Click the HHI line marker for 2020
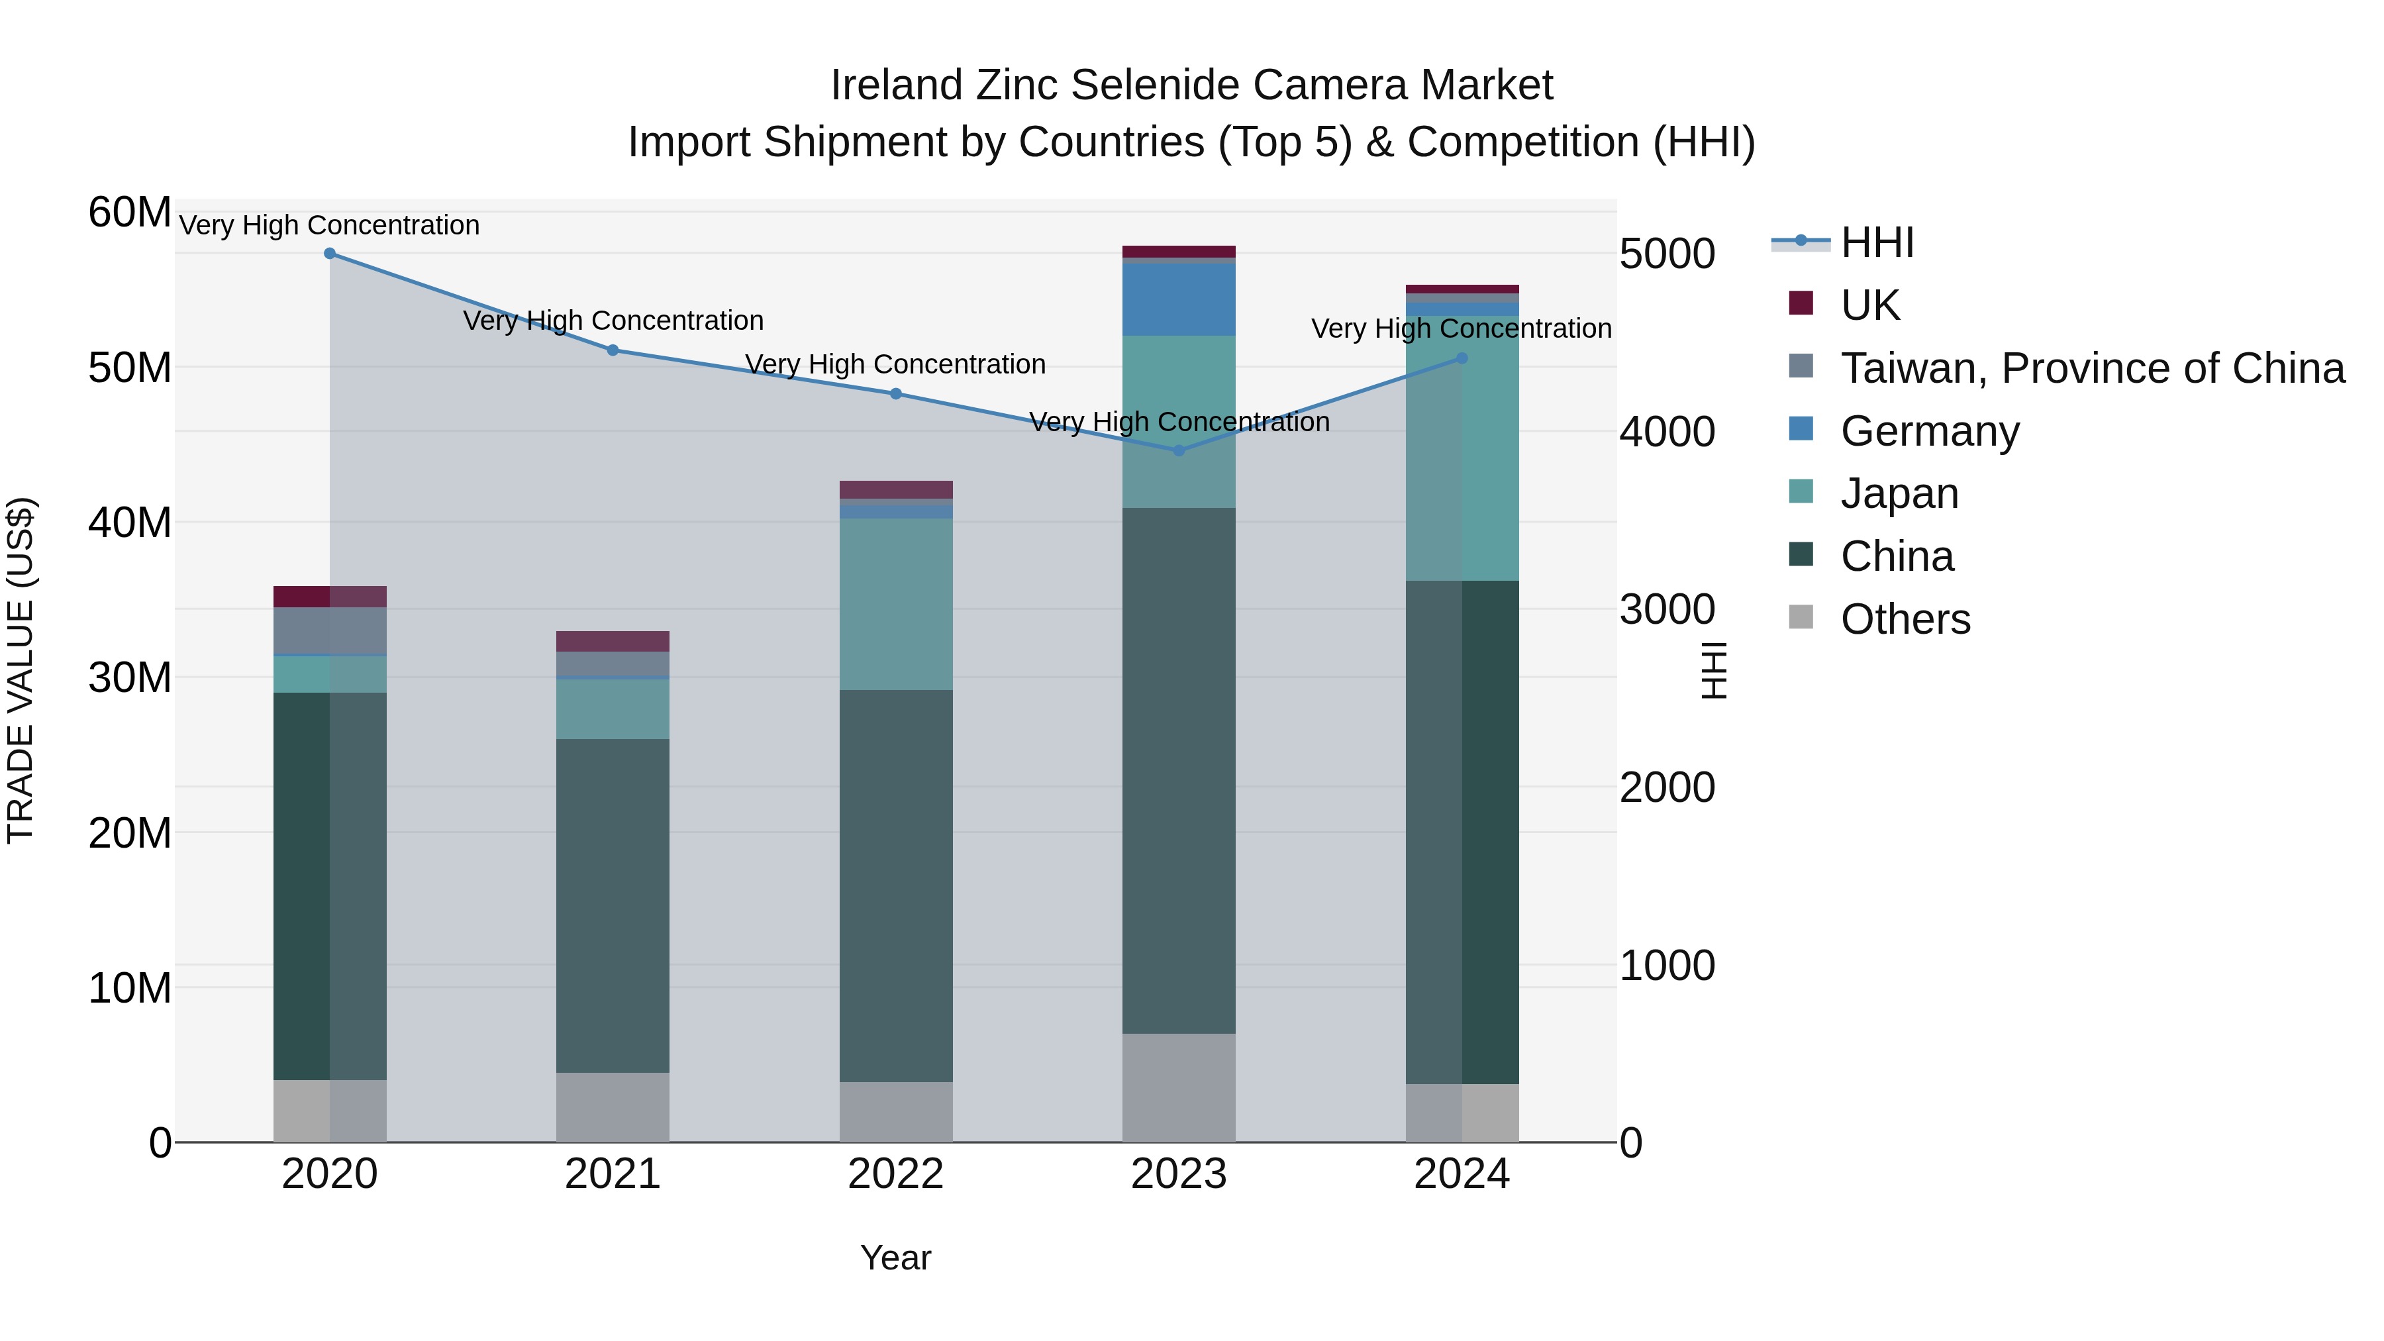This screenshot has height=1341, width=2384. coord(330,253)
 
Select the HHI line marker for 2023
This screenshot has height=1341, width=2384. coord(1178,451)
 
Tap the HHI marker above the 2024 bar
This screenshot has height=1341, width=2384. coord(1462,358)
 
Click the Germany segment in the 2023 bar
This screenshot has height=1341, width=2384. coord(1178,299)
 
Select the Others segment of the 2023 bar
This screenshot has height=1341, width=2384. coord(1178,1087)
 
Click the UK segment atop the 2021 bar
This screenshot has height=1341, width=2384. coord(612,640)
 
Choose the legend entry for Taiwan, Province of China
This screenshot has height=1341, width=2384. coord(2091,368)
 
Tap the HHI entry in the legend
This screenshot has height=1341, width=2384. coord(1876,242)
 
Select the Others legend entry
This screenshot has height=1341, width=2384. coord(1905,619)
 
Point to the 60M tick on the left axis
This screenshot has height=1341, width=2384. coord(130,212)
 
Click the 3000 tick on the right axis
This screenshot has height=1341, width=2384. coord(1667,609)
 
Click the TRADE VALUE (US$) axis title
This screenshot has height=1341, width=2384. coord(21,670)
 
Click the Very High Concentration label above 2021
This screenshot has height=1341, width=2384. coord(613,321)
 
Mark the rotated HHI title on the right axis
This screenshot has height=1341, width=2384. coord(1713,670)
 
